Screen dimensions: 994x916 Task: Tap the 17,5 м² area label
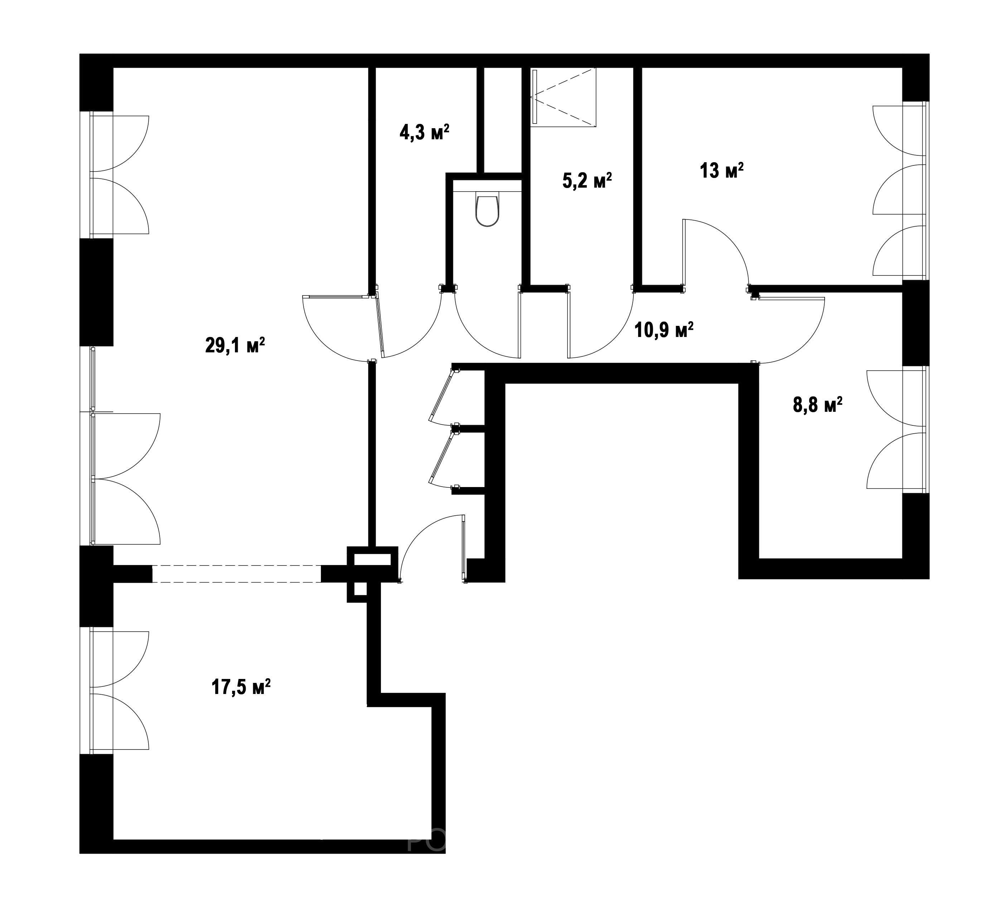241,687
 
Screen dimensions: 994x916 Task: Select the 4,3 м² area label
424,132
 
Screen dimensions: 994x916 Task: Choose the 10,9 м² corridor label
664,329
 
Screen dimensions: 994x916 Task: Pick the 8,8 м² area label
817,405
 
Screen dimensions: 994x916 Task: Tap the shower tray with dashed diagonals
563,97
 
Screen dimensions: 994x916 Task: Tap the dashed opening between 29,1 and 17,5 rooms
237,574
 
